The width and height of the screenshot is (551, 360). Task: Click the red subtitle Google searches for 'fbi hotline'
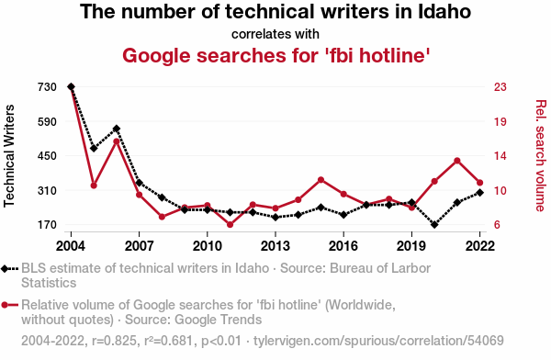[276, 55]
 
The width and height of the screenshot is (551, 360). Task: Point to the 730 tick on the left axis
[47, 87]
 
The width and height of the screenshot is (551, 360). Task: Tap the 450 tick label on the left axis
[47, 156]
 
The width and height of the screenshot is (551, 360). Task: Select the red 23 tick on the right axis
[500, 87]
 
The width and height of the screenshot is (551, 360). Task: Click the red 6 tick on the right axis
[497, 225]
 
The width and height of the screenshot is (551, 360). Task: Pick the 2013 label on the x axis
[275, 246]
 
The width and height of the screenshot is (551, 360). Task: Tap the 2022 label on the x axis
[480, 246]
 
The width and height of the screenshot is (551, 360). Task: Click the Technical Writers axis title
[9, 156]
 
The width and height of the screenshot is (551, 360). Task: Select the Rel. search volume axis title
[541, 156]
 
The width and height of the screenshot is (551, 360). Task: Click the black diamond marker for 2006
[117, 129]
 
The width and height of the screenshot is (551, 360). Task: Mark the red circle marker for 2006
[117, 141]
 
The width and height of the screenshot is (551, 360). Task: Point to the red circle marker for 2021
[457, 161]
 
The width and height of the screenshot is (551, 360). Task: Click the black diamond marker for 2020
[434, 224]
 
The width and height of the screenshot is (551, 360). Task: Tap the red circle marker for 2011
[231, 225]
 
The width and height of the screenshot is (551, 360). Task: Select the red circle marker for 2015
[320, 180]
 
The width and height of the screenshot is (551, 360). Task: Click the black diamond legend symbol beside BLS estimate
[5, 268]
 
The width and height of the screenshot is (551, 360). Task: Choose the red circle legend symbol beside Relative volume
[5, 305]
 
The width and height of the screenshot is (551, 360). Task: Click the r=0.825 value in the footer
[114, 341]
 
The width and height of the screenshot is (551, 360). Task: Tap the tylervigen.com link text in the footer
[378, 341]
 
